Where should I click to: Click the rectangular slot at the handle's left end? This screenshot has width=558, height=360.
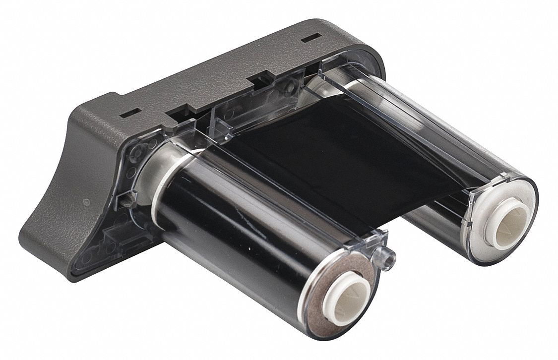point(127,112)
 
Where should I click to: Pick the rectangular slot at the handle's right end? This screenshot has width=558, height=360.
point(311,37)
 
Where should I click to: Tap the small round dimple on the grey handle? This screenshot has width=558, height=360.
point(86,202)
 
